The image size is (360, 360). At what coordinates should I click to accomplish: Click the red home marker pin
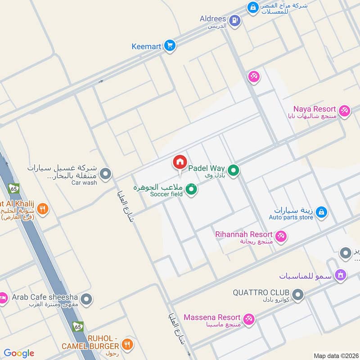click(x=180, y=162)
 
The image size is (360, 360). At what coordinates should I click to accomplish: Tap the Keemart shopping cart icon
click(x=170, y=45)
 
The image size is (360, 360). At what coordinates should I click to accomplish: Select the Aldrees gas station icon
click(x=234, y=20)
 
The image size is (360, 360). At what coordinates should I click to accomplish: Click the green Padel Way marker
click(x=233, y=171)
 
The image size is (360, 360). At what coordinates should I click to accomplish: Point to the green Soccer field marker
click(x=192, y=190)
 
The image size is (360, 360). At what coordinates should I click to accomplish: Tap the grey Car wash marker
click(x=105, y=174)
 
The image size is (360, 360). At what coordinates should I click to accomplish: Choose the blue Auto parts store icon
click(x=321, y=212)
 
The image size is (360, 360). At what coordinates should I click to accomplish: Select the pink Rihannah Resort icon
click(x=281, y=236)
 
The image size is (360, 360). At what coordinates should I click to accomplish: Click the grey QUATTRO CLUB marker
click(x=297, y=295)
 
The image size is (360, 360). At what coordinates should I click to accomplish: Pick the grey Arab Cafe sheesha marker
click(x=87, y=299)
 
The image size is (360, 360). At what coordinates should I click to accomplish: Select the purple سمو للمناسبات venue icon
click(x=341, y=274)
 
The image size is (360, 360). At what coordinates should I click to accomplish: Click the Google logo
click(x=19, y=353)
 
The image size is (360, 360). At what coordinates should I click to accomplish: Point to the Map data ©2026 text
click(x=335, y=355)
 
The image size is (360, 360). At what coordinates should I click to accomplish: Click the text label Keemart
click(x=146, y=46)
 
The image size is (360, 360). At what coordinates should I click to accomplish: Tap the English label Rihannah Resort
click(x=243, y=234)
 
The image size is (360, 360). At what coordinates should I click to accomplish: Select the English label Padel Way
click(x=206, y=168)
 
